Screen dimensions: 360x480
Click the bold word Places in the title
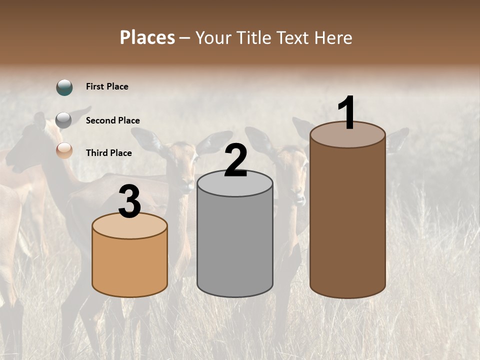(x=147, y=37)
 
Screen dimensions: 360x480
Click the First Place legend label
(x=107, y=86)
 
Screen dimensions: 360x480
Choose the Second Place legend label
(x=112, y=120)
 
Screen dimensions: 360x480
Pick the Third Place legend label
(x=108, y=153)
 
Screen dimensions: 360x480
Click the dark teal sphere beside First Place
(x=64, y=87)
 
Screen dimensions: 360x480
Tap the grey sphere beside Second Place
(x=64, y=120)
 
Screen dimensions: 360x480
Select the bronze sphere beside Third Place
(x=64, y=150)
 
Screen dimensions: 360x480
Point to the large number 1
(x=347, y=113)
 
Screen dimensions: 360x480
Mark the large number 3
(x=129, y=201)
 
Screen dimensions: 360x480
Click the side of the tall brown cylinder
(x=347, y=220)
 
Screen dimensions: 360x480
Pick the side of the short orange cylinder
(x=129, y=265)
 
